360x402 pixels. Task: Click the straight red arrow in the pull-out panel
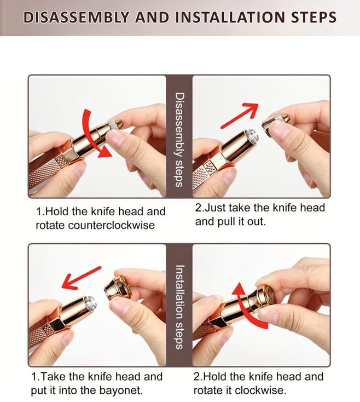240,116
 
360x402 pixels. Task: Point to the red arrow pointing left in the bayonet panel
82,278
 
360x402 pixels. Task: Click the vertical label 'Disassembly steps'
179,140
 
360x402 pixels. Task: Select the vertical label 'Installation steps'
179,307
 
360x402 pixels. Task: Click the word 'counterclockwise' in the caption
112,225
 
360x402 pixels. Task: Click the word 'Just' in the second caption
214,208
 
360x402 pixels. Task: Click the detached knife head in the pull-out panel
275,124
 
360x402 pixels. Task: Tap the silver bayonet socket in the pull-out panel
252,136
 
